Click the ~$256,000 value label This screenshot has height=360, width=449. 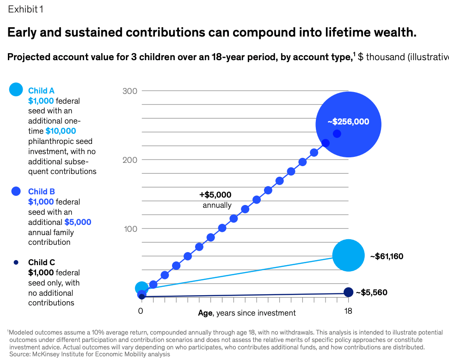[x=348, y=122]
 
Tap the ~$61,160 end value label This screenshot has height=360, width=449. [x=387, y=256]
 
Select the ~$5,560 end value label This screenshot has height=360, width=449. [x=371, y=292]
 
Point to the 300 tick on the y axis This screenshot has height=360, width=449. [x=130, y=91]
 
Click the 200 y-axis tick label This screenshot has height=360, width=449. [x=130, y=160]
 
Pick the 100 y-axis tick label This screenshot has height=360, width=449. [x=130, y=229]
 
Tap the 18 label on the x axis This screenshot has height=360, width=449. [x=348, y=311]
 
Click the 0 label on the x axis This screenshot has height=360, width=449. [x=140, y=311]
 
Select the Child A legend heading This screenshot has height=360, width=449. [x=41, y=91]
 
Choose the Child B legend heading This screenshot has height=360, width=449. [x=42, y=192]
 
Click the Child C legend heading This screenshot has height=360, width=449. [x=42, y=262]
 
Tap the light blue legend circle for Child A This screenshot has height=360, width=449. [x=16, y=89]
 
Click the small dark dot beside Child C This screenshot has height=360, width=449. [x=16, y=262]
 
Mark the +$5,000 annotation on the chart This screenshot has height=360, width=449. [x=215, y=195]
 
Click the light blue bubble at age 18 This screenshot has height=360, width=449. [x=349, y=255]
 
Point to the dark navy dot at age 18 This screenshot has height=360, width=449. [x=348, y=292]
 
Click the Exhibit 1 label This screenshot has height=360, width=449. [x=25, y=9]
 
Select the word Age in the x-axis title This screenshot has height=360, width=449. [x=205, y=313]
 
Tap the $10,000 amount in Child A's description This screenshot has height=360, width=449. [x=61, y=131]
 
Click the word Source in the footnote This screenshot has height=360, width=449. [x=19, y=354]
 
